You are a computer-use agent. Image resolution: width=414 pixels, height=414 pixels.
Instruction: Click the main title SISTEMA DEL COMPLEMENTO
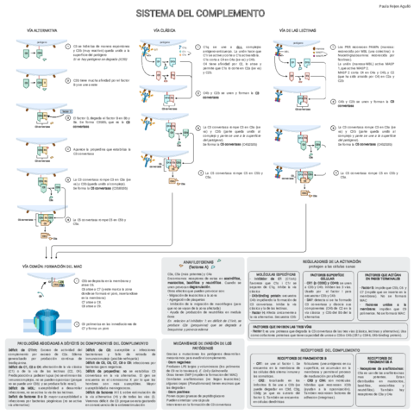tap(207, 15)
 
